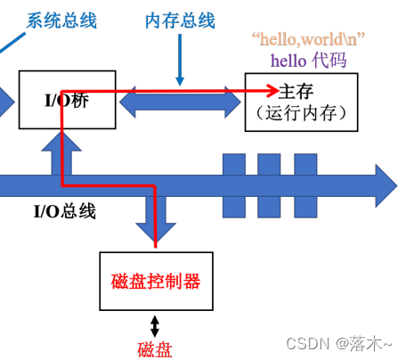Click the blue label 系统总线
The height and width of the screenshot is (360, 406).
click(61, 20)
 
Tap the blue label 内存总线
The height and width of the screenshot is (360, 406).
click(180, 20)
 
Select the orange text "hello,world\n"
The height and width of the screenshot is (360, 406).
click(308, 39)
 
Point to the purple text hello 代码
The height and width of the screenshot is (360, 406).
click(309, 61)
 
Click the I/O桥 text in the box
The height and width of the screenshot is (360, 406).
click(67, 101)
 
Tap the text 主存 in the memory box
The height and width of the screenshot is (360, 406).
click(296, 92)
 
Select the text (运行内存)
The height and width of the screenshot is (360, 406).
click(302, 113)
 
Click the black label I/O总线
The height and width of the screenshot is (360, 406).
click(65, 211)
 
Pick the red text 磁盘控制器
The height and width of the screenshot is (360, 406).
click(156, 282)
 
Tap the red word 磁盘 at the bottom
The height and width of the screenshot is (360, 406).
click(155, 349)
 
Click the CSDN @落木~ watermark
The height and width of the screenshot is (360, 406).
click(339, 344)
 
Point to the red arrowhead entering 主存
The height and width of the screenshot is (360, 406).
click(273, 91)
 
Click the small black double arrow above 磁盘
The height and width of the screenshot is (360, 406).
click(155, 326)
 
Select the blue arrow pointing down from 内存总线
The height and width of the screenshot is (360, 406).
click(180, 60)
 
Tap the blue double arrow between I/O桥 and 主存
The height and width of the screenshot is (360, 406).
click(180, 102)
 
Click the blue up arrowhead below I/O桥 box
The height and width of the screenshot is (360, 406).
click(61, 142)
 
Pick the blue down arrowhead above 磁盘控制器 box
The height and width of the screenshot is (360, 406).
click(156, 233)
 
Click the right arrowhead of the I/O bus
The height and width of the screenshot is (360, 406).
click(386, 185)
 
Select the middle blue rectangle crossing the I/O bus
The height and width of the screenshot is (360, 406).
click(269, 185)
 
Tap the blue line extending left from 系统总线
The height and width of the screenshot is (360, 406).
click(12, 44)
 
